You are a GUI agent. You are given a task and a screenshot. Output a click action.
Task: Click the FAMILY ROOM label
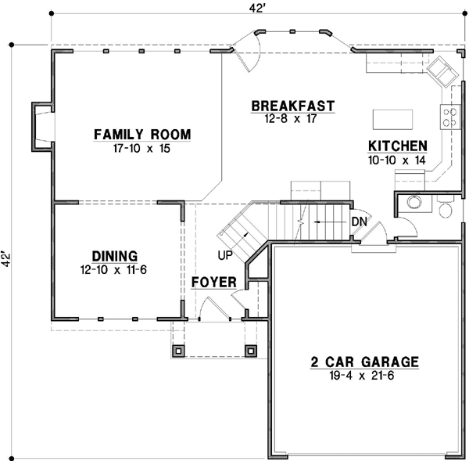pyautogui.click(x=141, y=134)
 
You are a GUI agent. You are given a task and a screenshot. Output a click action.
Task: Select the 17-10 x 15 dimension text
pyautogui.click(x=141, y=147)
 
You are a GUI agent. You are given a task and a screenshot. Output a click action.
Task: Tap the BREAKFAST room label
pyautogui.click(x=293, y=106)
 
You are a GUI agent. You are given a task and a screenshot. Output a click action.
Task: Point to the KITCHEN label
pyautogui.click(x=398, y=146)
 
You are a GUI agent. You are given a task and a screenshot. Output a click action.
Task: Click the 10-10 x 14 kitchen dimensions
pyautogui.click(x=398, y=159)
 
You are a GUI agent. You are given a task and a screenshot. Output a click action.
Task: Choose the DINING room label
pyautogui.click(x=114, y=256)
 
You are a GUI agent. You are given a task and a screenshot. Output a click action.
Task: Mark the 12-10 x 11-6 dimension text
pyautogui.click(x=114, y=269)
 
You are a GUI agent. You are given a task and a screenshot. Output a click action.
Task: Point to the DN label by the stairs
pyautogui.click(x=360, y=221)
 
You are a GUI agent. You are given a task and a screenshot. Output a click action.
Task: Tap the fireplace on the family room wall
pyautogui.click(x=40, y=126)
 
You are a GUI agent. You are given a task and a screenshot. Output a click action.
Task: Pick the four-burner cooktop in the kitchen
pyautogui.click(x=450, y=117)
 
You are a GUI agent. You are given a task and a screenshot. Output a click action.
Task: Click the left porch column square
pyautogui.click(x=179, y=351)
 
